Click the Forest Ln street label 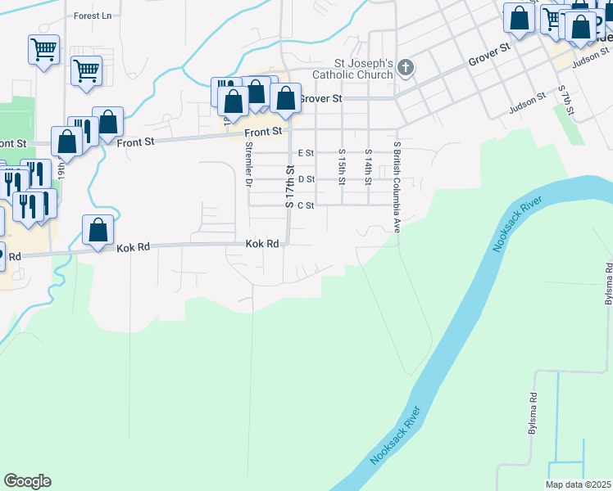click(92, 16)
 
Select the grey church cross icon click(405, 70)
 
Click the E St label click(306, 153)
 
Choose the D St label click(306, 179)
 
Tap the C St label click(306, 205)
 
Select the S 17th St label click(289, 187)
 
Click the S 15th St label click(342, 166)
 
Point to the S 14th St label click(369, 166)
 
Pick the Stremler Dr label click(248, 164)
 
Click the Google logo click(27, 481)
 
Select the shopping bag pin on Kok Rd click(98, 231)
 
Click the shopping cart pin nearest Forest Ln click(43, 48)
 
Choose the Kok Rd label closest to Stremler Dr click(262, 244)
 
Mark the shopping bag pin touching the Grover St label click(285, 100)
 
